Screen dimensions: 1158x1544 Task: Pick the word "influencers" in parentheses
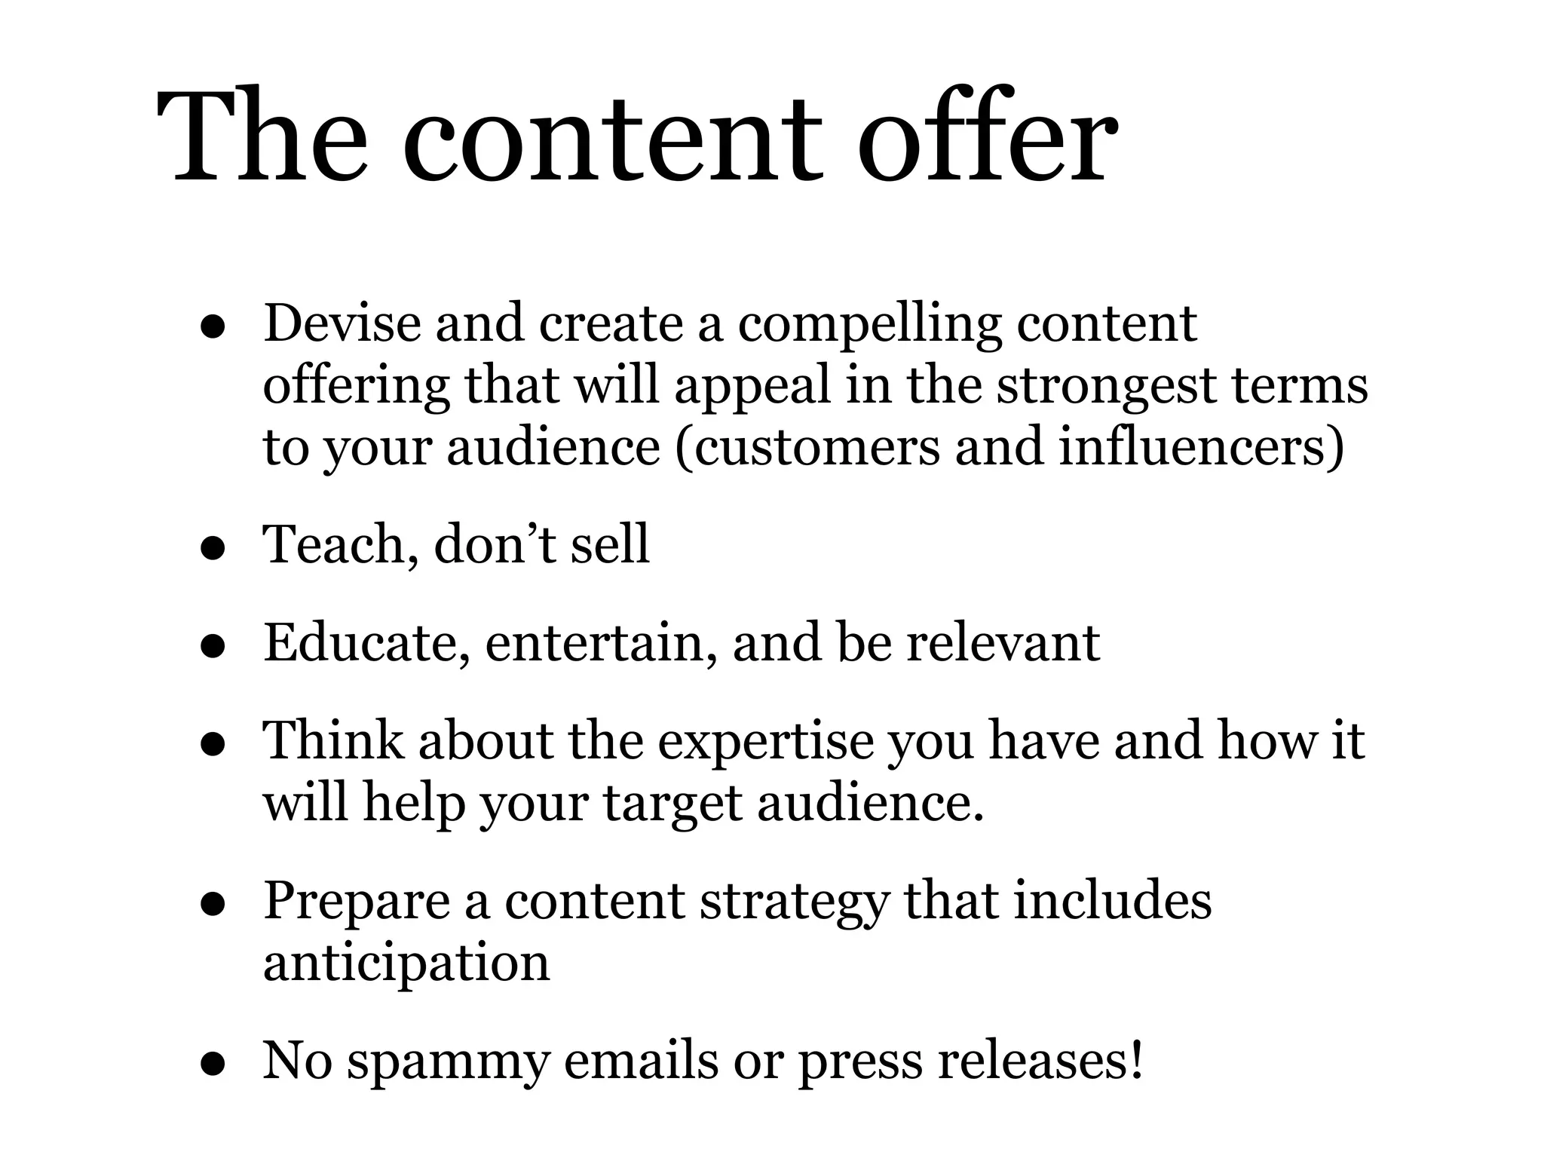coord(1199,446)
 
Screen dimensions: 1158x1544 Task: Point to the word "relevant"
coord(1003,643)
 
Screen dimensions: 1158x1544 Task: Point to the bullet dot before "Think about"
coord(214,744)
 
